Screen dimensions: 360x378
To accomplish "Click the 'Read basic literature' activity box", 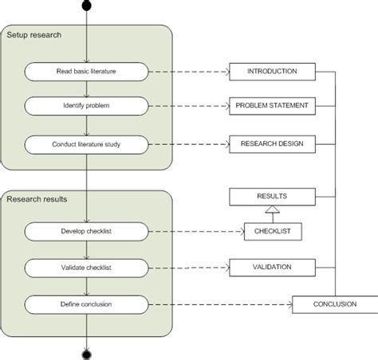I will click(x=86, y=72).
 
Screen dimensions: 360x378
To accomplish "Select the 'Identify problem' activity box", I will click(x=86, y=105).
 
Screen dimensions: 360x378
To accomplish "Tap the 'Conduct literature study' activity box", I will click(x=86, y=144).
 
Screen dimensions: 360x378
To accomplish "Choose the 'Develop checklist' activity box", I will click(x=86, y=231).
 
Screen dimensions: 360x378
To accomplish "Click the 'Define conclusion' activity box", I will click(x=86, y=303).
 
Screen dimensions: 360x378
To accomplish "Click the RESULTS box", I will click(x=273, y=195).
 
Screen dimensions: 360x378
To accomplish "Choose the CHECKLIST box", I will click(x=273, y=231).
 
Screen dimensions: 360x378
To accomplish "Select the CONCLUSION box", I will click(x=335, y=303).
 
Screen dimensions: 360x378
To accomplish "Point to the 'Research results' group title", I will click(x=37, y=199).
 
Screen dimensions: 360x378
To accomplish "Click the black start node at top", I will click(x=86, y=8).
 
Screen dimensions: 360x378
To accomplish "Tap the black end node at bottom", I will click(x=86, y=351).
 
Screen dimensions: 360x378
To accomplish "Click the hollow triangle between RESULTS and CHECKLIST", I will click(x=273, y=210).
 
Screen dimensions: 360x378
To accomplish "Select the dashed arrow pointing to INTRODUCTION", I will click(x=188, y=72).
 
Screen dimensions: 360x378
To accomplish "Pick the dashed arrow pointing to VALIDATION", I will click(x=188, y=267).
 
